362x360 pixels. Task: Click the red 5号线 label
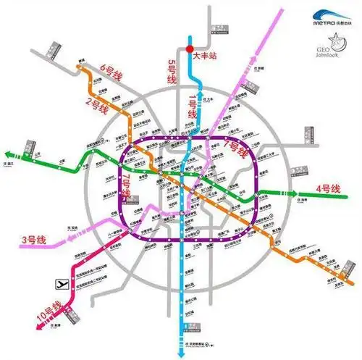pos(172,72)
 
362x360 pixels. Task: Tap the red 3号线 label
pos(33,240)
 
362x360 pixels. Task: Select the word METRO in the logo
pos(322,24)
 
